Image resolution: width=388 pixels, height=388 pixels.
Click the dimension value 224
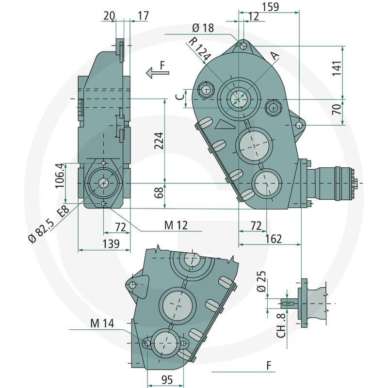click(x=158, y=141)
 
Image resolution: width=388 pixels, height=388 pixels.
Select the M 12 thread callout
click(x=175, y=226)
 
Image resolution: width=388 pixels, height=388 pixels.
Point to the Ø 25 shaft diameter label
click(x=262, y=283)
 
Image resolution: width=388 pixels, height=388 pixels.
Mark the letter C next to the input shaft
click(x=179, y=97)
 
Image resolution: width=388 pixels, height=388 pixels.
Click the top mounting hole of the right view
click(x=243, y=47)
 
